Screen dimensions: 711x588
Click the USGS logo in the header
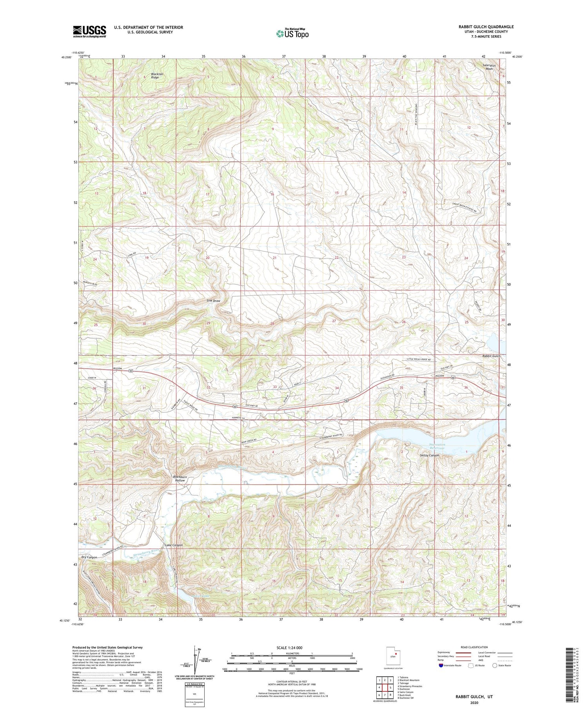[89, 31]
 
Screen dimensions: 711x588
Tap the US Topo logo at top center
[292, 34]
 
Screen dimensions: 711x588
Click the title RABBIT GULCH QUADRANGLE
[486, 27]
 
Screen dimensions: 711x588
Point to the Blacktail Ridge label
[155, 76]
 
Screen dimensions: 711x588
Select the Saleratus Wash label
[489, 67]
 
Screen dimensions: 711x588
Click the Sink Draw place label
[213, 301]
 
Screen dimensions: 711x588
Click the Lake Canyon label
[174, 545]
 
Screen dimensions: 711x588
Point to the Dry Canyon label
[89, 557]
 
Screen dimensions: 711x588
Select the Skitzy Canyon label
[429, 455]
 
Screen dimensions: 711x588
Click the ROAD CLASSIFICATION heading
[474, 647]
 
